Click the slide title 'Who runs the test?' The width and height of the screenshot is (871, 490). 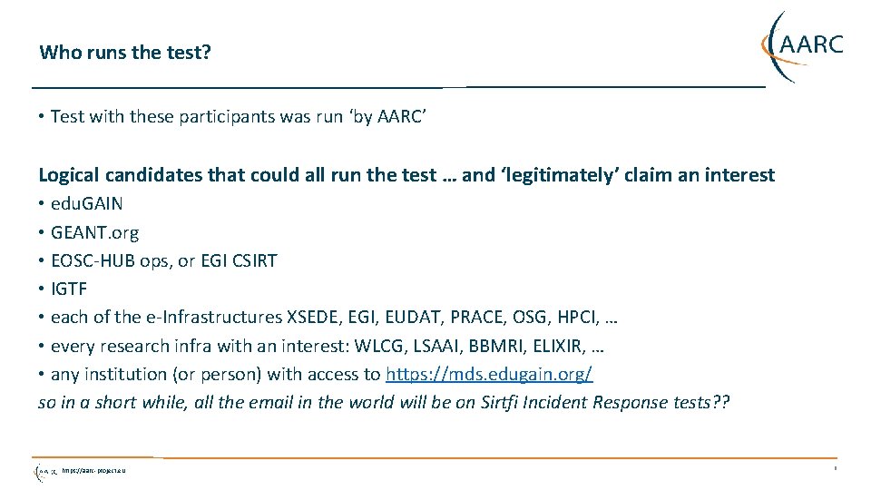pyautogui.click(x=125, y=52)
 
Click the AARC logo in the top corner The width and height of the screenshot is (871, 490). pyautogui.click(x=802, y=45)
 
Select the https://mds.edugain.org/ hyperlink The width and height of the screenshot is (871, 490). pyautogui.click(x=489, y=374)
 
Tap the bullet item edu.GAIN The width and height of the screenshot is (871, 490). pyautogui.click(x=87, y=203)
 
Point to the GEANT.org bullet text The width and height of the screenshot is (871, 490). pyautogui.click(x=95, y=232)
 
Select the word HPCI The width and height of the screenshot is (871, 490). pyautogui.click(x=577, y=317)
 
